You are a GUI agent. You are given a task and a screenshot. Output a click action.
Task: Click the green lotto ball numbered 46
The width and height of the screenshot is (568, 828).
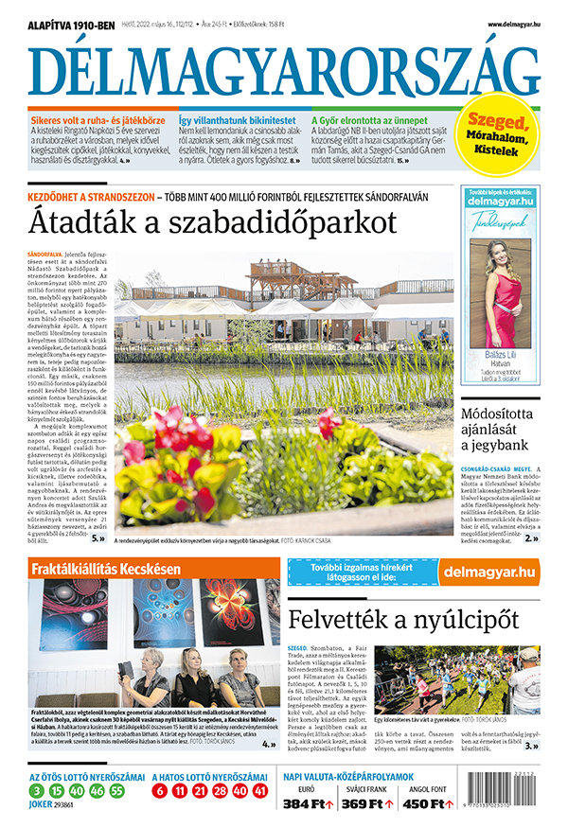97,790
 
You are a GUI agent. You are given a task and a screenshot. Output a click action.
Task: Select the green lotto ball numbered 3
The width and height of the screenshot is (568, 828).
35,790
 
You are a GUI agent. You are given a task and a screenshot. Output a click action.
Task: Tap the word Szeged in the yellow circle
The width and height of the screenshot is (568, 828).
503,122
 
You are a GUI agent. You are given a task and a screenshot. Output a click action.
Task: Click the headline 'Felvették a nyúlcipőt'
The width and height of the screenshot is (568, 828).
404,620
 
